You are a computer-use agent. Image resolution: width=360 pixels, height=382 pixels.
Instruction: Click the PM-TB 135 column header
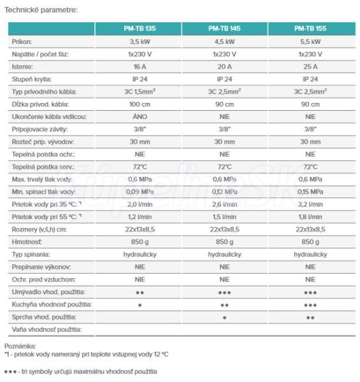[140, 29]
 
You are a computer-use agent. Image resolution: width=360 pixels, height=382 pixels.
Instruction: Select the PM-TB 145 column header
[224, 29]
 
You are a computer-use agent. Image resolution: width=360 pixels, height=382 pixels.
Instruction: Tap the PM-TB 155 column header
[310, 29]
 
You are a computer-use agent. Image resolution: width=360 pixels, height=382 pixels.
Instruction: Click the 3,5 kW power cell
[140, 41]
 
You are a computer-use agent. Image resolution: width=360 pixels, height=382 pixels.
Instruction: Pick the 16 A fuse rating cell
[140, 66]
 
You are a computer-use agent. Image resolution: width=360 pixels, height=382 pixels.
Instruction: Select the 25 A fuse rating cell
[310, 66]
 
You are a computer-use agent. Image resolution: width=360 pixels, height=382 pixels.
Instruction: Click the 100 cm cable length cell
[140, 104]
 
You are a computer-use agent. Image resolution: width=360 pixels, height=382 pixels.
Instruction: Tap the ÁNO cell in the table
[140, 117]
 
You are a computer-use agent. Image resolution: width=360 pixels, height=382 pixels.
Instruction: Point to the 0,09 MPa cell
[140, 192]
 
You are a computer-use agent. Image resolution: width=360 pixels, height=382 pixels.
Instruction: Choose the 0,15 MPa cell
[310, 192]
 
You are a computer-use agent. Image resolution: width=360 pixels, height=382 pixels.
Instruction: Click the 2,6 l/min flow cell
[224, 204]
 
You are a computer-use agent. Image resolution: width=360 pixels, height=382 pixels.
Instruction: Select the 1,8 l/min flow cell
[310, 217]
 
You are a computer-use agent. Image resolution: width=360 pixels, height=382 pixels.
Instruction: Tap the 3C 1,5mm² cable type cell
[140, 92]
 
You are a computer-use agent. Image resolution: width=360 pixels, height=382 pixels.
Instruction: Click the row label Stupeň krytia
[32, 79]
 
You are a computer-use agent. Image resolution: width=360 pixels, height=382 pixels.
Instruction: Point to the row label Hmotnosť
[27, 242]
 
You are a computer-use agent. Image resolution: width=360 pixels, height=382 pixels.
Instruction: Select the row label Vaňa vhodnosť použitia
[47, 330]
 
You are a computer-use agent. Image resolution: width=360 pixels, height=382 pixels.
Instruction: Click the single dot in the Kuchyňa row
[140, 305]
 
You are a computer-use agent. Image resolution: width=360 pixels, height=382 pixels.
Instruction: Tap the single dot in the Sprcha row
[224, 318]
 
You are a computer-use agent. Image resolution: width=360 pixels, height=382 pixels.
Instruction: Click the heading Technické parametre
[41, 10]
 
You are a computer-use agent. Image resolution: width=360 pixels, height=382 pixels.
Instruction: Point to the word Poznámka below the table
[20, 346]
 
